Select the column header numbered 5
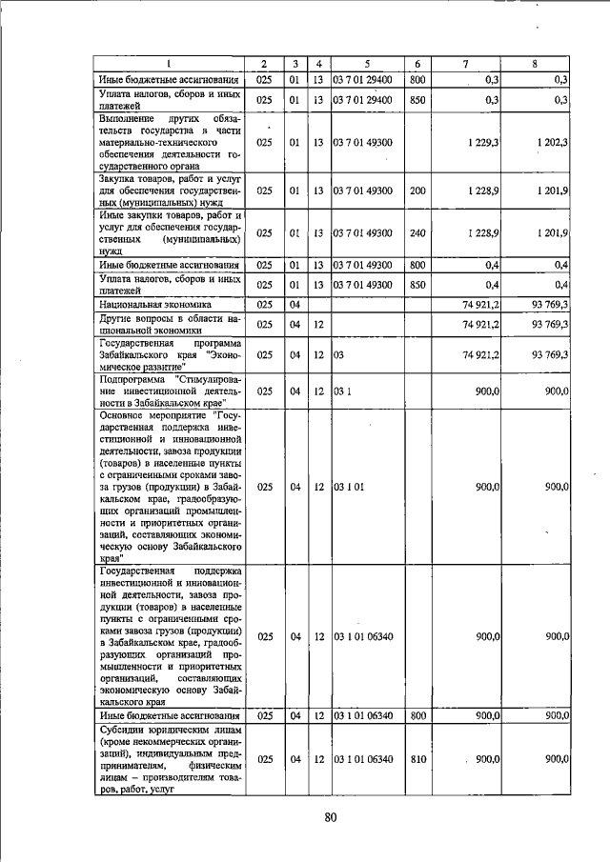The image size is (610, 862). point(366,64)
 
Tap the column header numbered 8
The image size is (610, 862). point(534,64)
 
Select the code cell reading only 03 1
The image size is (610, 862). point(342,391)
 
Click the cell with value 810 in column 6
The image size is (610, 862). point(417,759)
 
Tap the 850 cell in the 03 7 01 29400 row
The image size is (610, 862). point(417,99)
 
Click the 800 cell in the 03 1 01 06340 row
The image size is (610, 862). point(417,715)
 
